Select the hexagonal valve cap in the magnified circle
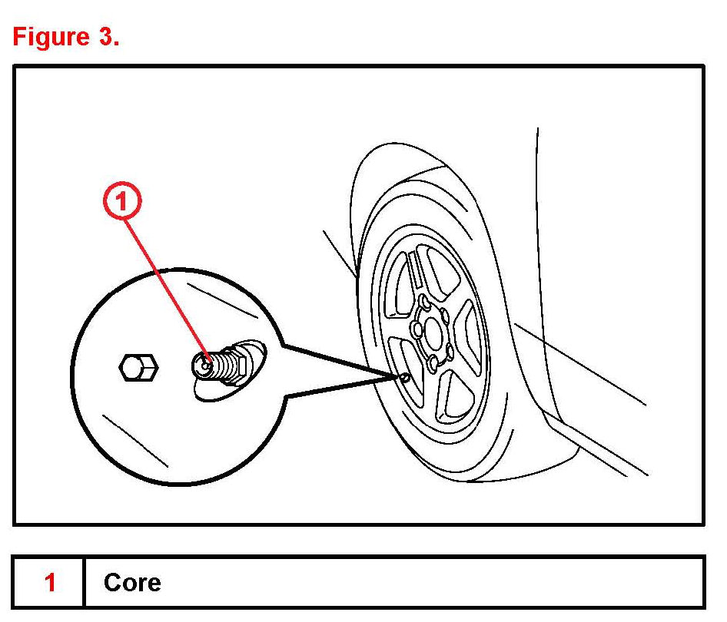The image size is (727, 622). (x=139, y=367)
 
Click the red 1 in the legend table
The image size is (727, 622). (x=50, y=583)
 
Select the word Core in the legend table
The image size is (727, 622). (x=132, y=583)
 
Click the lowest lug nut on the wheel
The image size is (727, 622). (x=433, y=362)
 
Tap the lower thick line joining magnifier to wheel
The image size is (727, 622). (x=338, y=388)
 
